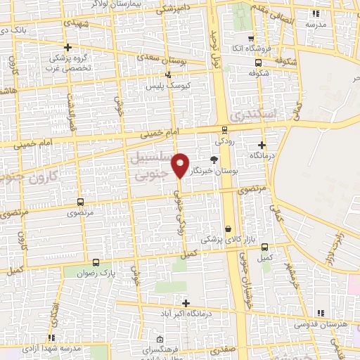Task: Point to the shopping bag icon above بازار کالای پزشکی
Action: click(229, 229)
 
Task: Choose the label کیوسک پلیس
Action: click(164, 86)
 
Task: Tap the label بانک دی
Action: click(12, 31)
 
